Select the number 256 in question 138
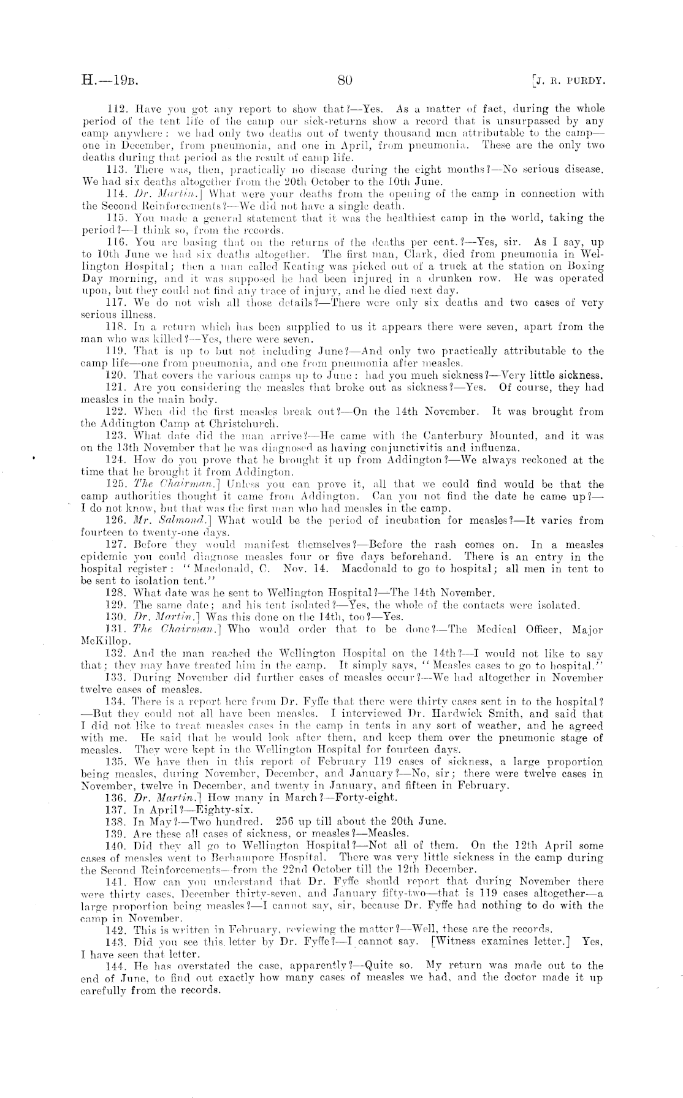coord(288,822)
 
